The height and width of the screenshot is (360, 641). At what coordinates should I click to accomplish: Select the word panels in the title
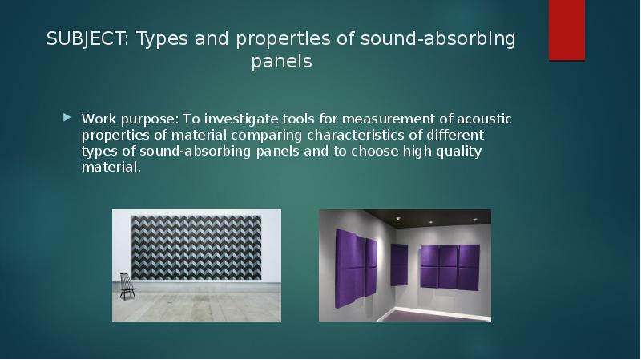(280, 62)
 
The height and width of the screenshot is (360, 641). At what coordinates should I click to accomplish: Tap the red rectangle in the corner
(566, 30)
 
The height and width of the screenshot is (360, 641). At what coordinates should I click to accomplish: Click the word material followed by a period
(109, 167)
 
